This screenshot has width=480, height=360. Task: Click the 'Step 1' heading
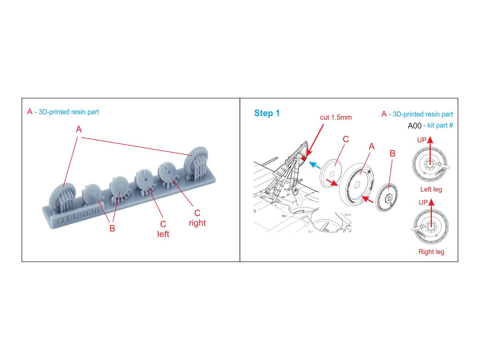267,113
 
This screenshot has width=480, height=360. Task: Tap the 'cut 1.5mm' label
336,117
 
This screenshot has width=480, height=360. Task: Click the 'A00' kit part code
414,126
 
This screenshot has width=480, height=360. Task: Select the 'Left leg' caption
431,189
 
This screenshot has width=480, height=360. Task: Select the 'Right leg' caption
431,252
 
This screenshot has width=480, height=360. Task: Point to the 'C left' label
163,229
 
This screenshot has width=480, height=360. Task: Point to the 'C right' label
197,218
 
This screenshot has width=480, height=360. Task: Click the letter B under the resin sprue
112,229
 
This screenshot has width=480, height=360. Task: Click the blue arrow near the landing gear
315,165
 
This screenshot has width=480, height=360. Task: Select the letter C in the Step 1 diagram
346,139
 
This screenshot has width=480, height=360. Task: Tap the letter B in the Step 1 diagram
392,154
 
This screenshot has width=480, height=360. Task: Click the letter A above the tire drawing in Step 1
372,147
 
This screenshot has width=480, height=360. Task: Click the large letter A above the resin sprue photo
79,129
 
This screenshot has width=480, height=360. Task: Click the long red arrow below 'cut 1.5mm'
315,141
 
